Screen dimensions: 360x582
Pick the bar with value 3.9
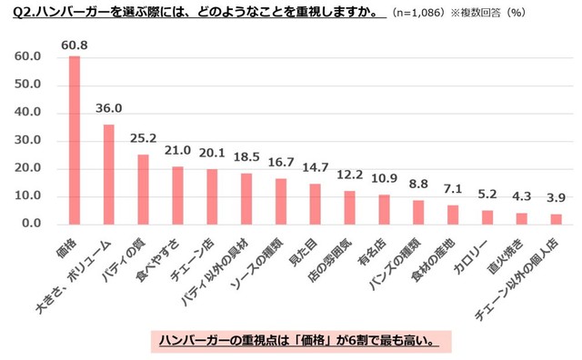555,219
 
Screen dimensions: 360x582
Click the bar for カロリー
487,217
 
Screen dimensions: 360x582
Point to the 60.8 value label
75,45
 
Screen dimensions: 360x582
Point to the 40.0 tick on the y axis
29,113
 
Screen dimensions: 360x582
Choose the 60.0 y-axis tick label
29,57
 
